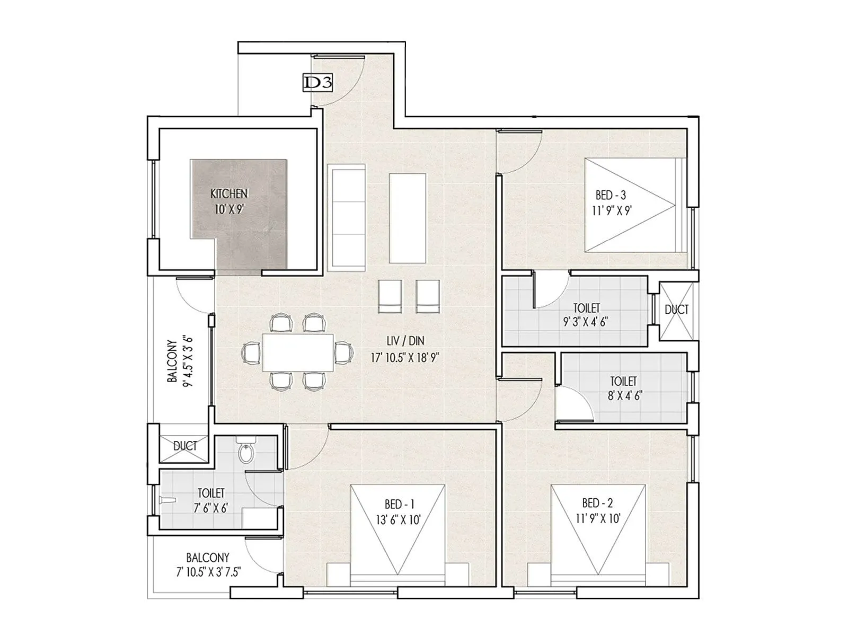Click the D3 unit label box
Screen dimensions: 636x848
pos(317,83)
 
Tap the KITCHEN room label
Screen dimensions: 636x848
pos(229,195)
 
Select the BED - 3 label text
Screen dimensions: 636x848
pos(611,196)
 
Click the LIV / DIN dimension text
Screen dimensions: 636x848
pos(405,358)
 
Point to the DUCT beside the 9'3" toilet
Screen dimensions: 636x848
pos(676,310)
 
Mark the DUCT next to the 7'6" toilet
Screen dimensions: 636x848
pos(185,446)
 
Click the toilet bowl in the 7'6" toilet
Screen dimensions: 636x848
pos(246,453)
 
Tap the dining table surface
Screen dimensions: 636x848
pos(298,353)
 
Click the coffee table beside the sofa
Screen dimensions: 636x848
pos(407,218)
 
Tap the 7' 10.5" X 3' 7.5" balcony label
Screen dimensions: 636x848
pos(208,572)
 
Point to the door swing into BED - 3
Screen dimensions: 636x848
pos(522,154)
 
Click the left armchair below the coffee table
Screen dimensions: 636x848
pos(391,296)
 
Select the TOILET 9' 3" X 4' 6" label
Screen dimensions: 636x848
pos(586,315)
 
